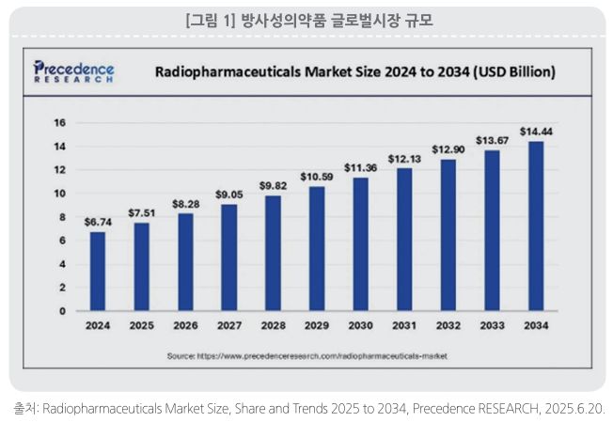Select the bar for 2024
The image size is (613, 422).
(98, 271)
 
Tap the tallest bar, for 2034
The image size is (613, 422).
(536, 226)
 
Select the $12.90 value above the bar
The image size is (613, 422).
(448, 149)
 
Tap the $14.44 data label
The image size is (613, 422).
(536, 131)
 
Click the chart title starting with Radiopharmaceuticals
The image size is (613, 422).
(354, 71)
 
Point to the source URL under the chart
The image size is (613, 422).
(306, 357)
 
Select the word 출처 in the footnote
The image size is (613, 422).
(24, 410)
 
